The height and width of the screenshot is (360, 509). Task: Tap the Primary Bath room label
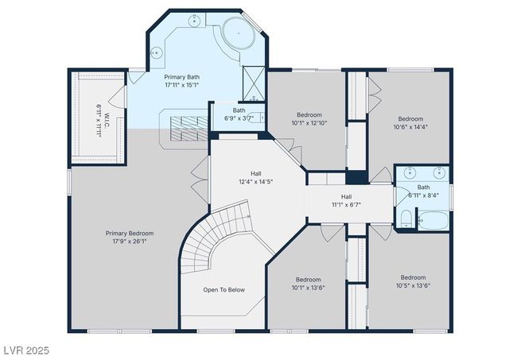pyautogui.click(x=182, y=80)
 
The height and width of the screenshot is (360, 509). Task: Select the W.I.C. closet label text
pyautogui.click(x=100, y=120)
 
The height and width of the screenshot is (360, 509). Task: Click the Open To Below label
pyautogui.click(x=223, y=289)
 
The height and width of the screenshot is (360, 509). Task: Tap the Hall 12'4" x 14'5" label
pyautogui.click(x=256, y=177)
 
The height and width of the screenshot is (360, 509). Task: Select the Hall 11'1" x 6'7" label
pyautogui.click(x=346, y=201)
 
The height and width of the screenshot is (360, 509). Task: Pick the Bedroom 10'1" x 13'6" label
pyautogui.click(x=308, y=284)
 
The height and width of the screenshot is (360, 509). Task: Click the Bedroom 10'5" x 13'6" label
pyautogui.click(x=413, y=282)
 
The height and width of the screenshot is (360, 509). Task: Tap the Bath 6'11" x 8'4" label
pyautogui.click(x=423, y=192)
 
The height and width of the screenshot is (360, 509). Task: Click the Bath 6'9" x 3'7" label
pyautogui.click(x=239, y=114)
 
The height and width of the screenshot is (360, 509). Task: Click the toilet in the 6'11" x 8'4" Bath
pyautogui.click(x=405, y=219)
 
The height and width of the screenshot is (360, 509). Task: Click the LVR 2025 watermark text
pyautogui.click(x=27, y=350)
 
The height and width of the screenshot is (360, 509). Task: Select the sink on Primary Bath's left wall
pyautogui.click(x=156, y=53)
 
